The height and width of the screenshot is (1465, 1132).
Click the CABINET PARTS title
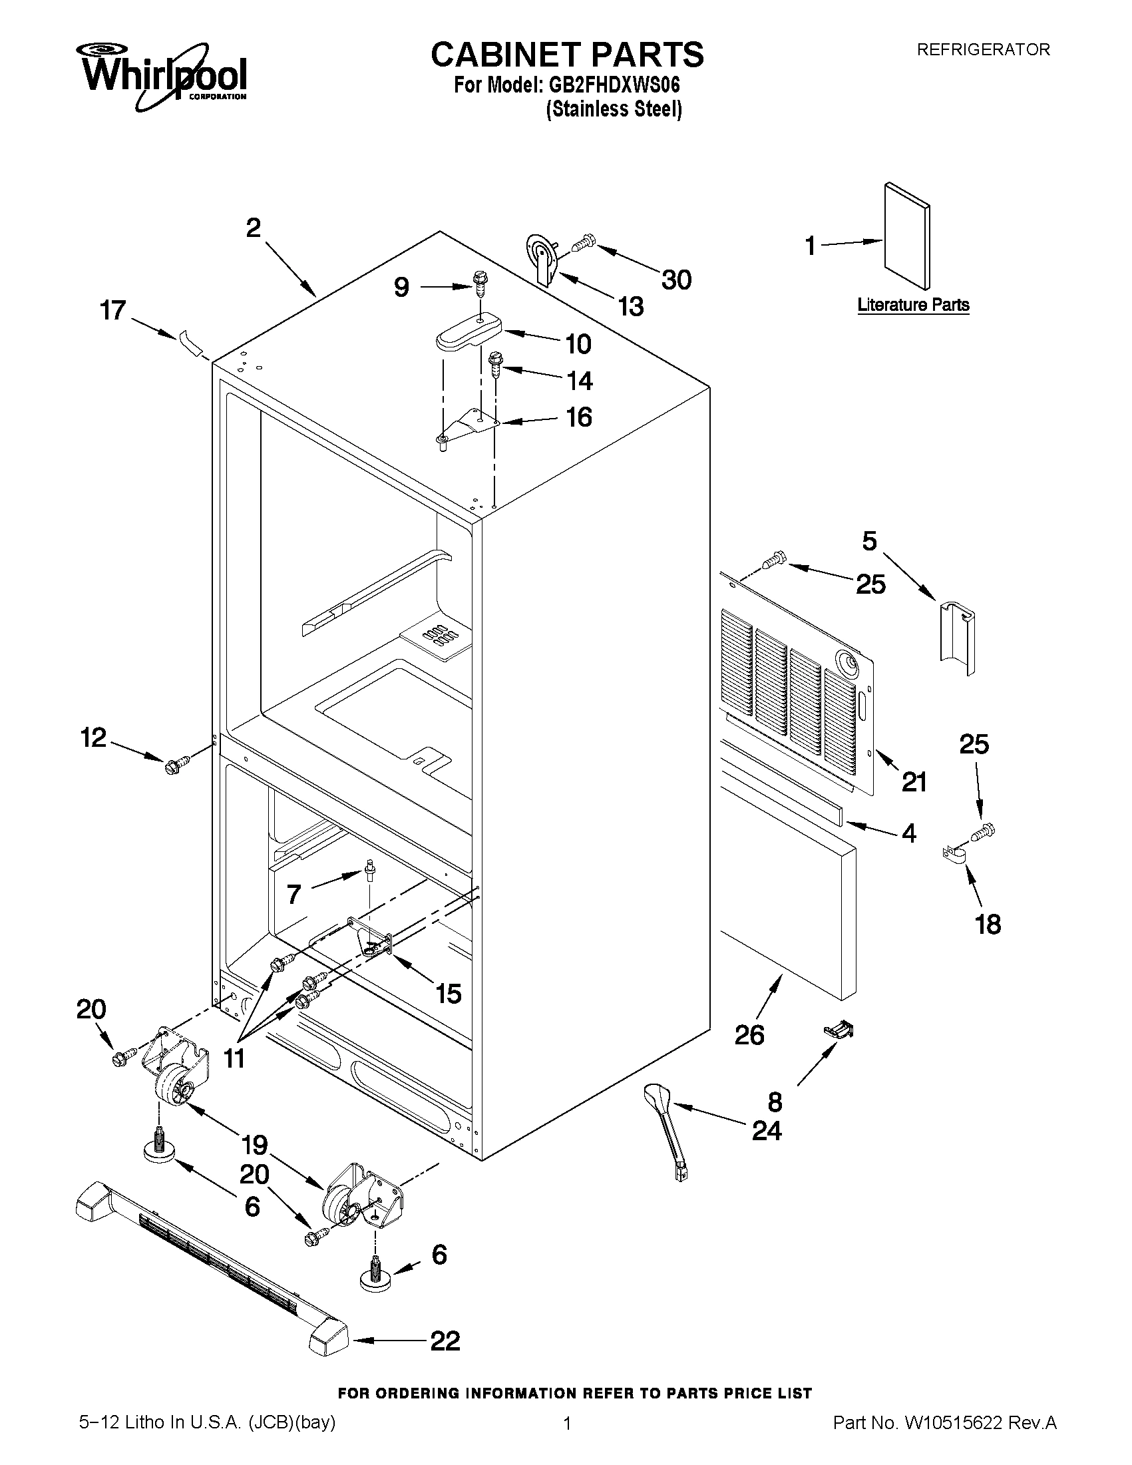(567, 55)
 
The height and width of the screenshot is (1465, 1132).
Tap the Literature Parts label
(913, 305)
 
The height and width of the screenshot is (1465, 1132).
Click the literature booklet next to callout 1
(906, 239)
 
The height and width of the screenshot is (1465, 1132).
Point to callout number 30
(676, 280)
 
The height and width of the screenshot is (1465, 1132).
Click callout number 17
(112, 311)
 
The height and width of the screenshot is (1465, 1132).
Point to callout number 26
(749, 1035)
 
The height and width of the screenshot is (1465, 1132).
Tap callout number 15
(448, 994)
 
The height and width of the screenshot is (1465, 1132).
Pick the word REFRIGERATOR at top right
(982, 49)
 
